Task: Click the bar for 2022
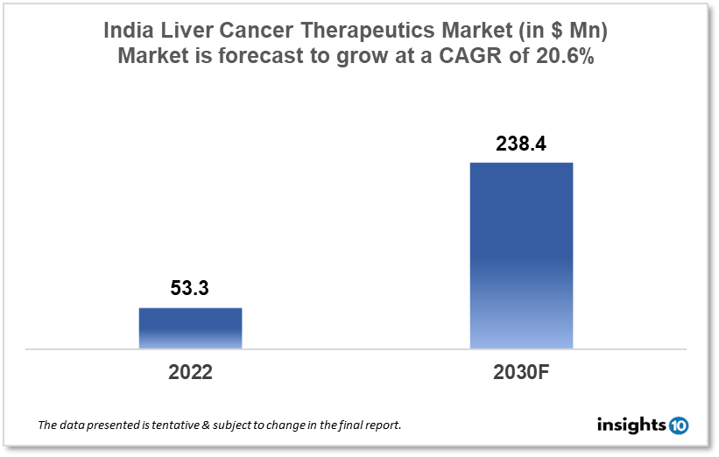[x=190, y=328]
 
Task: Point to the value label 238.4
[x=521, y=144]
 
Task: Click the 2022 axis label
[x=190, y=371]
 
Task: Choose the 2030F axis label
[x=521, y=371]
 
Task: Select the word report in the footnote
[x=383, y=425]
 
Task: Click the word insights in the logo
[x=631, y=425]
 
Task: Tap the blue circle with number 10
[x=678, y=425]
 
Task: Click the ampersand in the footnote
[x=201, y=425]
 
